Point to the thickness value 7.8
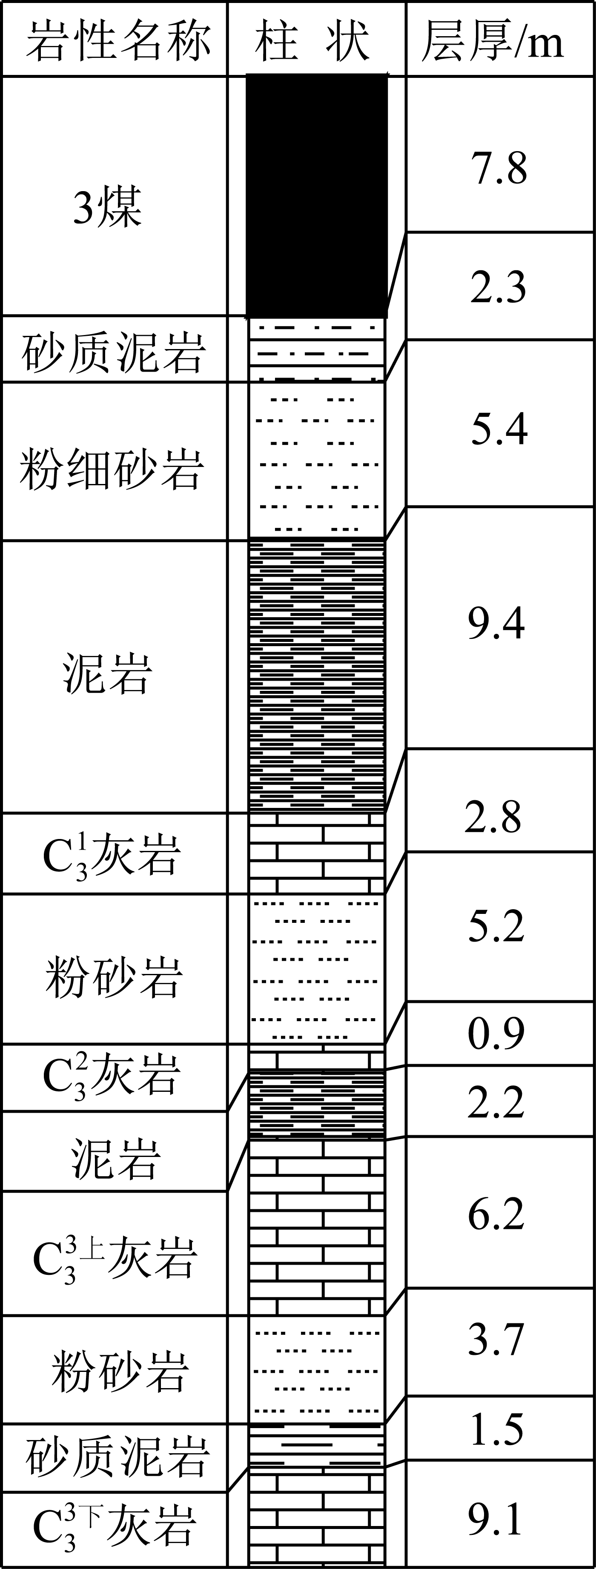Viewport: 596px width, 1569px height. [499, 169]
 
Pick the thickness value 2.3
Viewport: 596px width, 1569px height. [498, 287]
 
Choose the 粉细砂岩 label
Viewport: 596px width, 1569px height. [112, 469]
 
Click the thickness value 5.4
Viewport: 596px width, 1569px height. [499, 428]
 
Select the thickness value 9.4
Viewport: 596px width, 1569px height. [496, 624]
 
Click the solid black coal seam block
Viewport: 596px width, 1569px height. [316, 195]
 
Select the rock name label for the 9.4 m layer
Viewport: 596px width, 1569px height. [107, 674]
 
